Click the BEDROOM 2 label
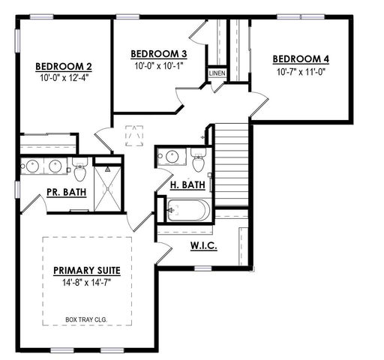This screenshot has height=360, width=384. [64, 65]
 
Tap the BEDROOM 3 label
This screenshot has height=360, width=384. [158, 54]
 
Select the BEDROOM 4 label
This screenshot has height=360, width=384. [300, 59]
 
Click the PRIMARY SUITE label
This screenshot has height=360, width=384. [87, 270]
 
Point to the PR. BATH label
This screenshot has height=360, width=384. [65, 192]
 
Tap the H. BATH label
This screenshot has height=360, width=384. [184, 184]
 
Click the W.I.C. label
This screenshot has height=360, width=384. [203, 246]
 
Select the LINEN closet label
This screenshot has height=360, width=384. [217, 73]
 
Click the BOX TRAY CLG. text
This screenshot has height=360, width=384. [87, 319]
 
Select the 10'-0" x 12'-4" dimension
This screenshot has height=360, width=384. [64, 76]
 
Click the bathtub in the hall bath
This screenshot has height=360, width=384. [187, 211]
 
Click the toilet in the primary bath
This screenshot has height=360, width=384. [80, 169]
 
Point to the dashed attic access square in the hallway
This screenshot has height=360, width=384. [136, 137]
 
